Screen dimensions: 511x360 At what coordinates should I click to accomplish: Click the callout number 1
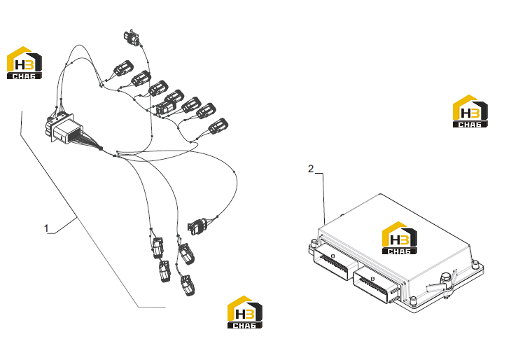pos(46,228)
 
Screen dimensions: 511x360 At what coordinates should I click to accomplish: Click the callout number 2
pos(311,169)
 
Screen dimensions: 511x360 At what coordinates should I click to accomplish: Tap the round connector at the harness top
pos(132,37)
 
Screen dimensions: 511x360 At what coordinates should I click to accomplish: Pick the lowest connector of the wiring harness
pos(188,285)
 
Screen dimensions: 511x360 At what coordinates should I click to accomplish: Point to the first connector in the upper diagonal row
pos(123,68)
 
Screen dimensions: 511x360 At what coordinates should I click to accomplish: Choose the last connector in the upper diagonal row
pos(218,126)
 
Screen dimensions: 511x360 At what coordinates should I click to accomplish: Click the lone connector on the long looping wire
pos(197,226)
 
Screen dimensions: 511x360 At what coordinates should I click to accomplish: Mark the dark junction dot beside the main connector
pos(101,148)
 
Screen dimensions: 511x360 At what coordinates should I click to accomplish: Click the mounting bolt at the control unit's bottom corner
pos(413,300)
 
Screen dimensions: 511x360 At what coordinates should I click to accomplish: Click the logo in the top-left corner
pos(24,62)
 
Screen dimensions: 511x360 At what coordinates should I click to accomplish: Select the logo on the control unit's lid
pos(400,237)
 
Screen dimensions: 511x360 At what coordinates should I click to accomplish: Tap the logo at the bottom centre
pos(245,312)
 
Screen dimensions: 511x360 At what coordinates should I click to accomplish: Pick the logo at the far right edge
pos(470,111)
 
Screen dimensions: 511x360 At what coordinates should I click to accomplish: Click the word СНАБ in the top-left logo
pos(24,76)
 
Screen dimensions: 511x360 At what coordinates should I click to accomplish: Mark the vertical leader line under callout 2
pos(324,199)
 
